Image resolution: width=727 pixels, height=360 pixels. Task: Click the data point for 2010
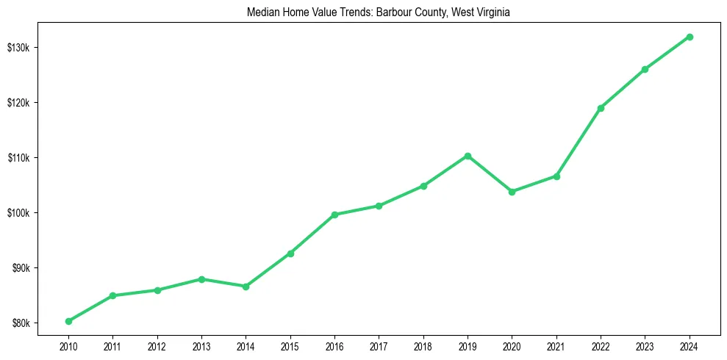click(x=68, y=321)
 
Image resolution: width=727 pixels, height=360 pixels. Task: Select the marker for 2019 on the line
click(x=468, y=156)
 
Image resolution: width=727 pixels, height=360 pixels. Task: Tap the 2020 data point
click(x=512, y=192)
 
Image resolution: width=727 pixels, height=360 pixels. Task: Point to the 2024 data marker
click(x=690, y=37)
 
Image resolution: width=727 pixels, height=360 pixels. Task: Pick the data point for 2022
click(x=601, y=108)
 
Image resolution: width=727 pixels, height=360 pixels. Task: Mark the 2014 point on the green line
click(x=246, y=287)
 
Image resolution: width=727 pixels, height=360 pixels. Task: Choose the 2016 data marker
click(x=334, y=215)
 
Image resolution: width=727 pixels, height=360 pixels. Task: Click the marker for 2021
click(x=556, y=176)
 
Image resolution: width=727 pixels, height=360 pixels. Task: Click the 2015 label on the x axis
click(x=290, y=346)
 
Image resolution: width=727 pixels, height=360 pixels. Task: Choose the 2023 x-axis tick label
click(x=645, y=346)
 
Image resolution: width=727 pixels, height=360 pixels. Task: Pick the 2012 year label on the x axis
click(x=157, y=346)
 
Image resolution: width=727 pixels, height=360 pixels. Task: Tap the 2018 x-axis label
click(x=423, y=346)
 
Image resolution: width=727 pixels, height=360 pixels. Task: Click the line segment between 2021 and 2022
click(x=579, y=143)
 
